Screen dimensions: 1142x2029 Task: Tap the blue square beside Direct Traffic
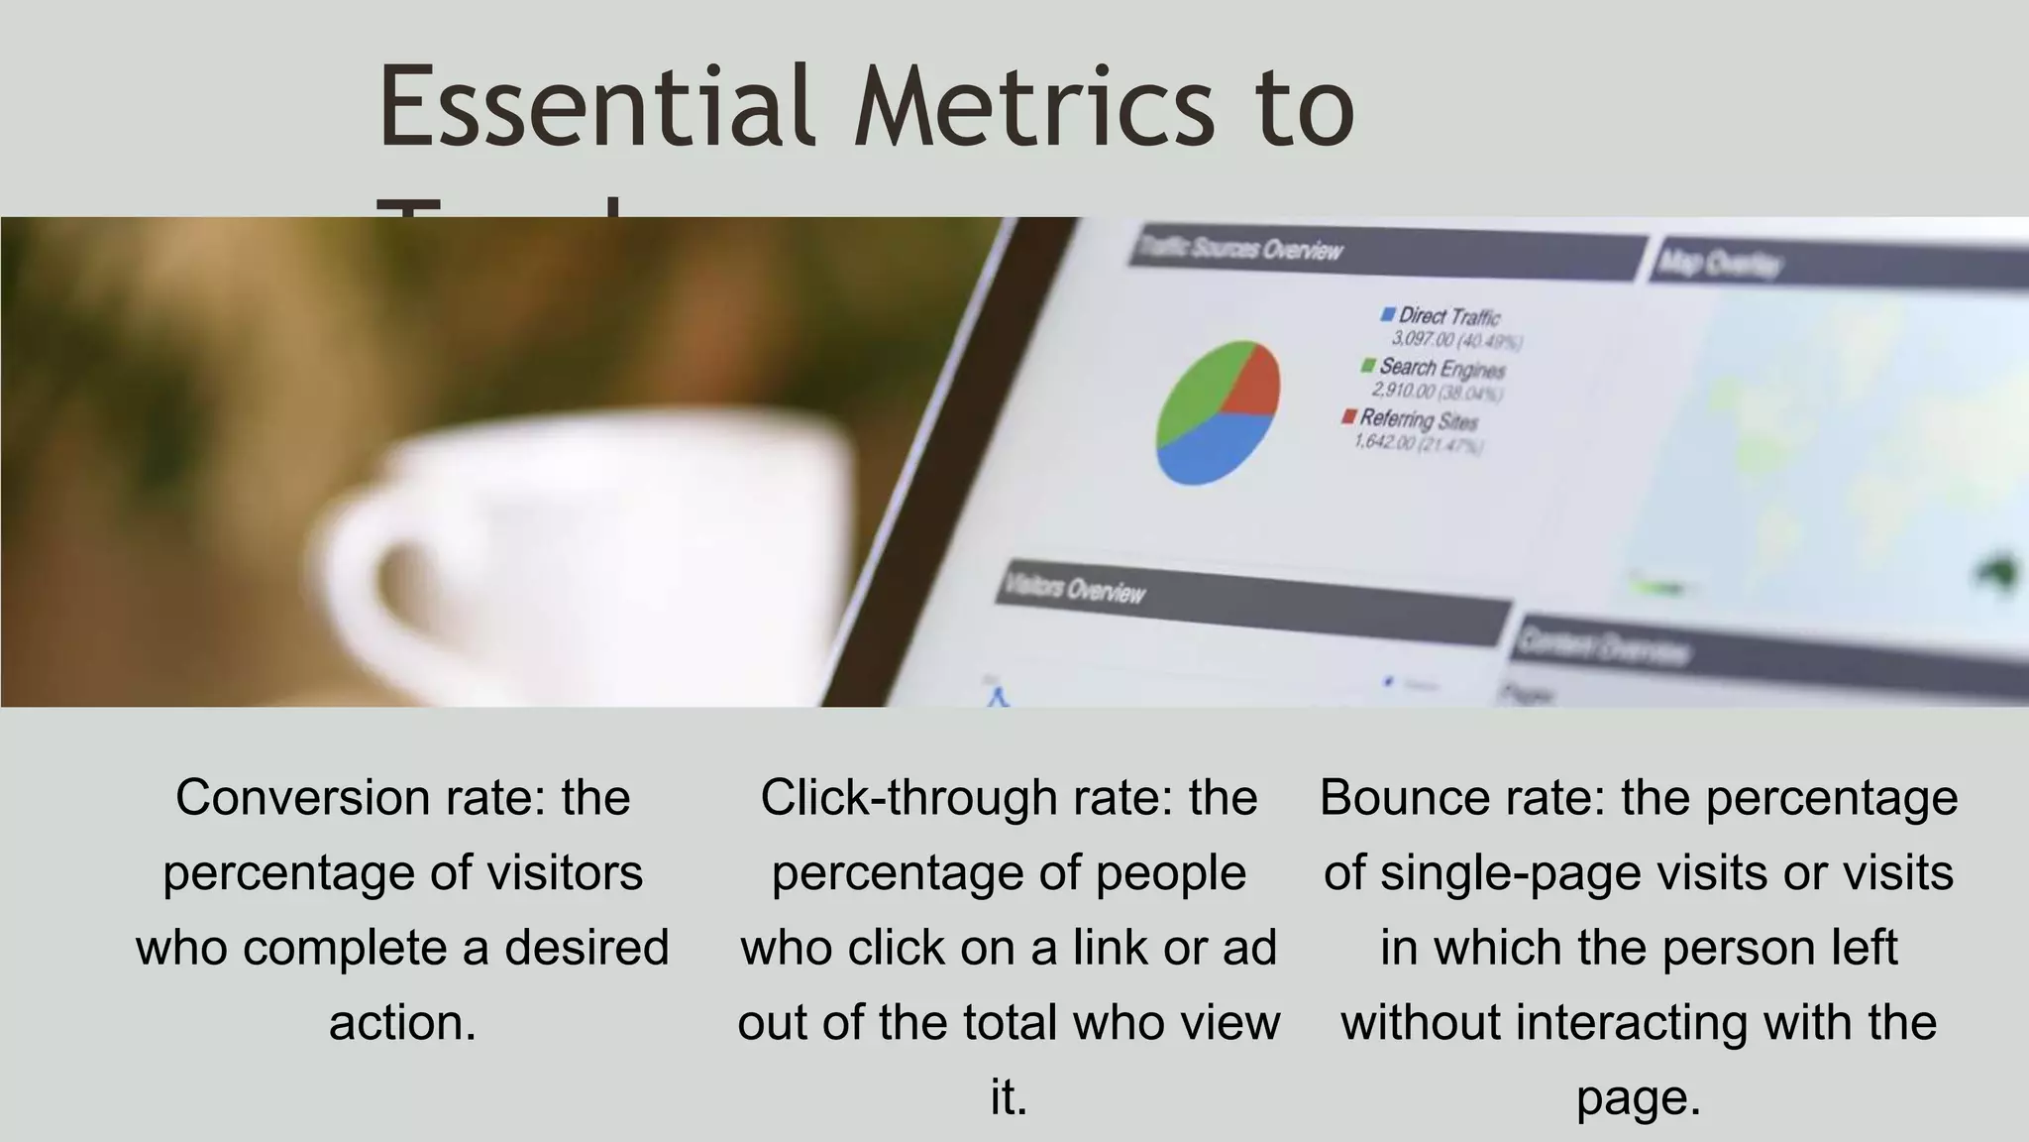click(1388, 314)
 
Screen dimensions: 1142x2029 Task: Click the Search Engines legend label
click(1442, 369)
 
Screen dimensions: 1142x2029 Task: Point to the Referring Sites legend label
click(1419, 419)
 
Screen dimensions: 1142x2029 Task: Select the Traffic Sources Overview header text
click(1239, 248)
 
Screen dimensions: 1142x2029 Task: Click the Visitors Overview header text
click(1075, 589)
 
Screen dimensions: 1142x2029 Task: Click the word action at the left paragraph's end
click(401, 1023)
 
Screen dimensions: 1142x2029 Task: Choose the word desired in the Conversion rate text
click(587, 948)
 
